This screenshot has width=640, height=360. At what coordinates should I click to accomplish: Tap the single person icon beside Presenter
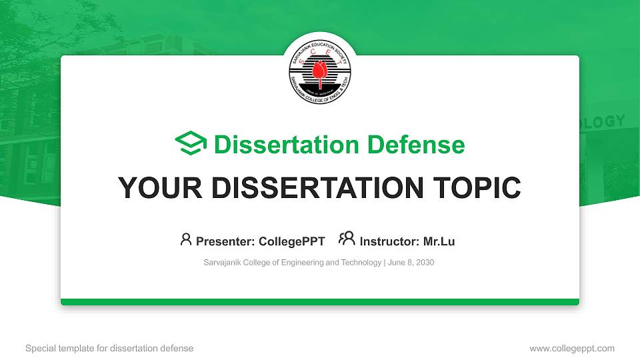(186, 239)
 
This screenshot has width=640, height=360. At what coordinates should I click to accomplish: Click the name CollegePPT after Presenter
(293, 241)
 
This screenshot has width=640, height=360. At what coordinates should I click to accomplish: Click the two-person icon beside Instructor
(347, 239)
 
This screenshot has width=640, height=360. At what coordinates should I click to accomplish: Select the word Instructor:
(389, 241)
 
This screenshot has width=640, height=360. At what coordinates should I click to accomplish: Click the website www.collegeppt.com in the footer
(572, 348)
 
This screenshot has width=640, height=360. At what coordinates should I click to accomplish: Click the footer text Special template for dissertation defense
(109, 348)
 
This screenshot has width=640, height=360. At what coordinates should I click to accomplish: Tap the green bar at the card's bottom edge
(320, 302)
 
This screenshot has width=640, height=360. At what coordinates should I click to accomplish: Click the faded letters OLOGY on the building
(603, 122)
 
